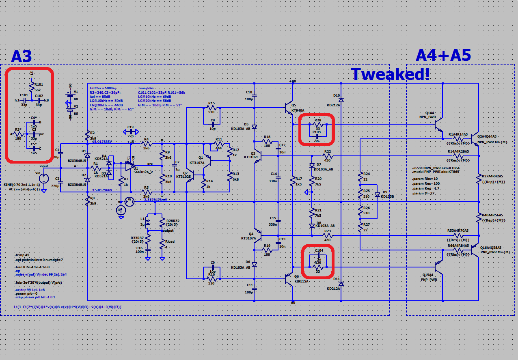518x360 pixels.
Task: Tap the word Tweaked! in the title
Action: pyautogui.click(x=390, y=74)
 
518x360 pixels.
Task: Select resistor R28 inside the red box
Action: pyautogui.click(x=317, y=124)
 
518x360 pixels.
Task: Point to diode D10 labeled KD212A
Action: pyautogui.click(x=341, y=99)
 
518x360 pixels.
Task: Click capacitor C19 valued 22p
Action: pyautogui.click(x=130, y=132)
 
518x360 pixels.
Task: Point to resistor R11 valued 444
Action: pyautogui.click(x=219, y=144)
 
